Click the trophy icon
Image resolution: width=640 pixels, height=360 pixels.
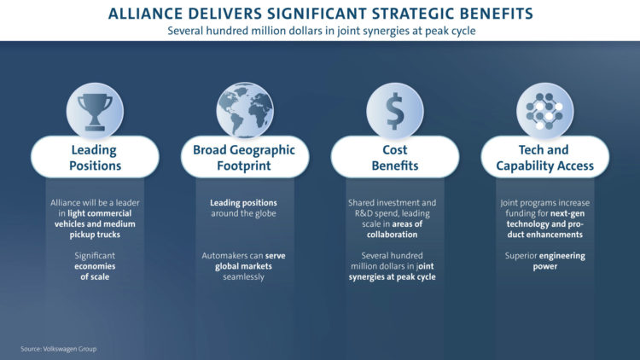95,111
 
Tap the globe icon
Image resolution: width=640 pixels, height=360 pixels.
245,111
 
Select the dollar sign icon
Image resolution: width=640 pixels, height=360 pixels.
395,111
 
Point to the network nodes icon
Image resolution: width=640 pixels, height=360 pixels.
544,111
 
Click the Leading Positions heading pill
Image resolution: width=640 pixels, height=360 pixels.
95,157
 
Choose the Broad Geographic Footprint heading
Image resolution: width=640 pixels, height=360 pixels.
244,157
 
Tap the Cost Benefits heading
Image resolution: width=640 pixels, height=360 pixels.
395,157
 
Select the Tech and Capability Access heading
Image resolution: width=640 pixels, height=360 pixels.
545,157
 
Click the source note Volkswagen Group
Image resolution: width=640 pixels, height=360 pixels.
58,349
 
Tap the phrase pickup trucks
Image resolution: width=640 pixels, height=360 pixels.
95,235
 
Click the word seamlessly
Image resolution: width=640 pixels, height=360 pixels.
244,276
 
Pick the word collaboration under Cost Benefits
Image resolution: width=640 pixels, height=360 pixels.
393,235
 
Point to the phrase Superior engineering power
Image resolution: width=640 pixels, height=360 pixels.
545,261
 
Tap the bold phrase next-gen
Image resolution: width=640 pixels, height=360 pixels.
567,213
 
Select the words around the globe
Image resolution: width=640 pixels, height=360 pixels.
244,213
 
